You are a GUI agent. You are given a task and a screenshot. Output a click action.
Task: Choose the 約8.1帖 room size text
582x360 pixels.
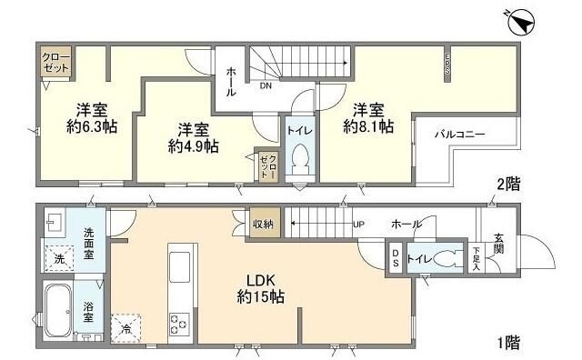[x=368, y=119]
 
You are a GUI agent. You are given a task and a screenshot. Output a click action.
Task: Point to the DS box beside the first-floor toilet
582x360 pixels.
[x=396, y=258]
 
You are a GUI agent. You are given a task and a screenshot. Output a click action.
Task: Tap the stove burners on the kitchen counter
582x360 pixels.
[x=176, y=323]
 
